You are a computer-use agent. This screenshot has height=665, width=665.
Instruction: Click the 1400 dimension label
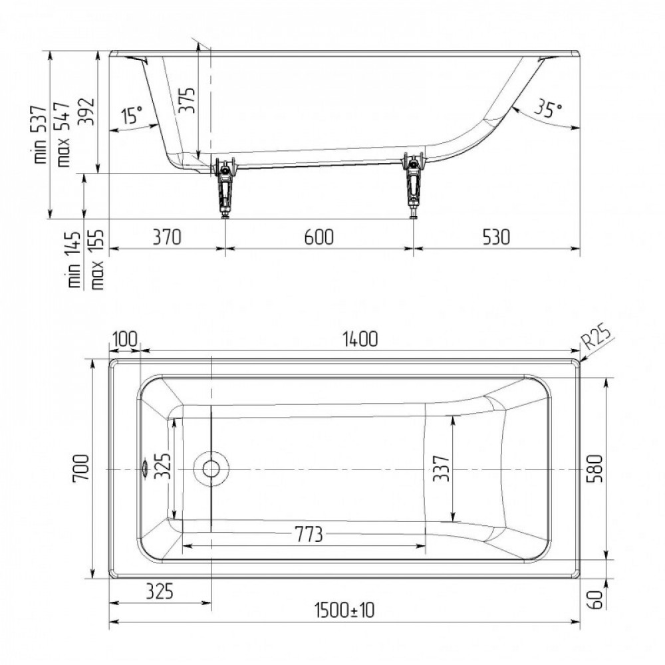[360, 339]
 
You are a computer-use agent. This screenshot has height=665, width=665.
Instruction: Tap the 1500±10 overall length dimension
[344, 610]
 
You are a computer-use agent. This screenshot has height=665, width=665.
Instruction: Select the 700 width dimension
[81, 467]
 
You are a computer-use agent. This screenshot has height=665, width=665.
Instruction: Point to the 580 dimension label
[594, 469]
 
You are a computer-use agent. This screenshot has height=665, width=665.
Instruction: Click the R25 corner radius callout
[598, 338]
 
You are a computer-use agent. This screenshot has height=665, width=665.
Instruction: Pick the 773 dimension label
[309, 535]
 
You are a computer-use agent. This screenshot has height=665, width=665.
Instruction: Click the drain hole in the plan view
[211, 469]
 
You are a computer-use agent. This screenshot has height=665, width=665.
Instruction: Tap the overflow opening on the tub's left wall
[144, 469]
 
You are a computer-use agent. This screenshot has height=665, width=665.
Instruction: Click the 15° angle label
[132, 114]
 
